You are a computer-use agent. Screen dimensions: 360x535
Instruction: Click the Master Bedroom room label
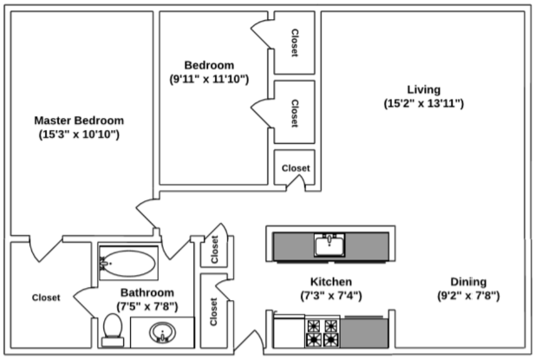tap(78, 121)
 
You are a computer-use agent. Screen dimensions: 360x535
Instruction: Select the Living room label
tap(424, 89)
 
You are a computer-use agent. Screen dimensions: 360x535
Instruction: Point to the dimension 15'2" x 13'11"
tap(424, 103)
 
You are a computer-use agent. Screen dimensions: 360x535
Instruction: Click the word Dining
tap(467, 282)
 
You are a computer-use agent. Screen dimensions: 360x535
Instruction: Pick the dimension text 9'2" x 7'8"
tap(467, 296)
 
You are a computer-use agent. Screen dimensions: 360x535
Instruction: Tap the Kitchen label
tap(331, 282)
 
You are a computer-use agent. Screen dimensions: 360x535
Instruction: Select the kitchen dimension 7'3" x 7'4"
tap(331, 296)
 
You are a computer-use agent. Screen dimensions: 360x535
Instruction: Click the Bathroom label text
tap(147, 292)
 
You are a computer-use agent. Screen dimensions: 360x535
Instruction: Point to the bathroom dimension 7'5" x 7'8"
tap(147, 306)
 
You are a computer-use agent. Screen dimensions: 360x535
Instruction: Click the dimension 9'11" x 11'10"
tap(209, 79)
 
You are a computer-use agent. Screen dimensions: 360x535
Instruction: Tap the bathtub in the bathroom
tap(127, 261)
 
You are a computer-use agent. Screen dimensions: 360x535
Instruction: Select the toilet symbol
tap(111, 327)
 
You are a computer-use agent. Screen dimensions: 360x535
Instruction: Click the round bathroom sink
tap(162, 331)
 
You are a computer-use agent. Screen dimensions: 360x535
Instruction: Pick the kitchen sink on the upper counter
tap(330, 245)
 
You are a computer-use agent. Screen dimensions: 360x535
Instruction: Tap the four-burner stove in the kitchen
tap(323, 332)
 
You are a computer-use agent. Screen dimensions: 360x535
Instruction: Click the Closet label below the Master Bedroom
tap(46, 298)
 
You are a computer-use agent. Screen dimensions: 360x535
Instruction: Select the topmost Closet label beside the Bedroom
tap(294, 42)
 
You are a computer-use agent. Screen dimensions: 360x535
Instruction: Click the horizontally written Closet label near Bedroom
tap(296, 168)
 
